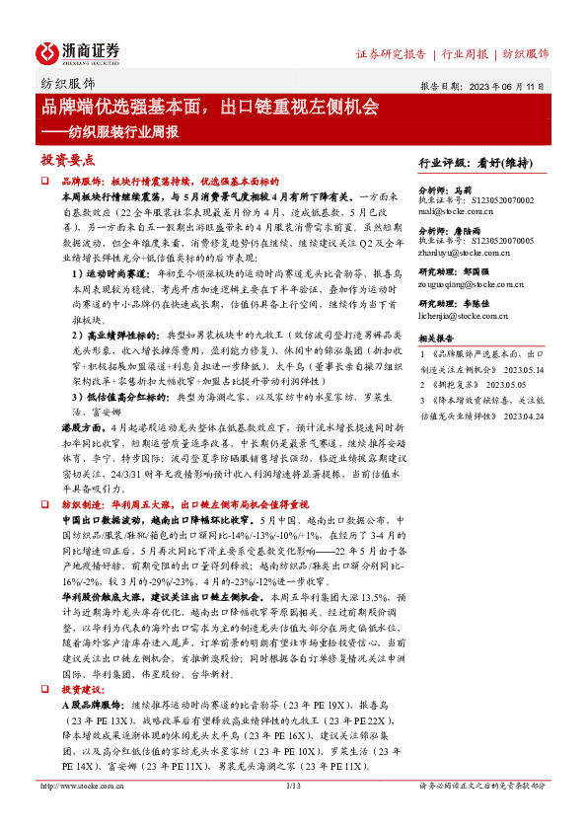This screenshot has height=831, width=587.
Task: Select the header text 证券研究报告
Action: click(391, 53)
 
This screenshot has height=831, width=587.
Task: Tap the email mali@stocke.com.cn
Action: click(457, 209)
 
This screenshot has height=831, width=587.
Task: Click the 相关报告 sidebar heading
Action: click(437, 338)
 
